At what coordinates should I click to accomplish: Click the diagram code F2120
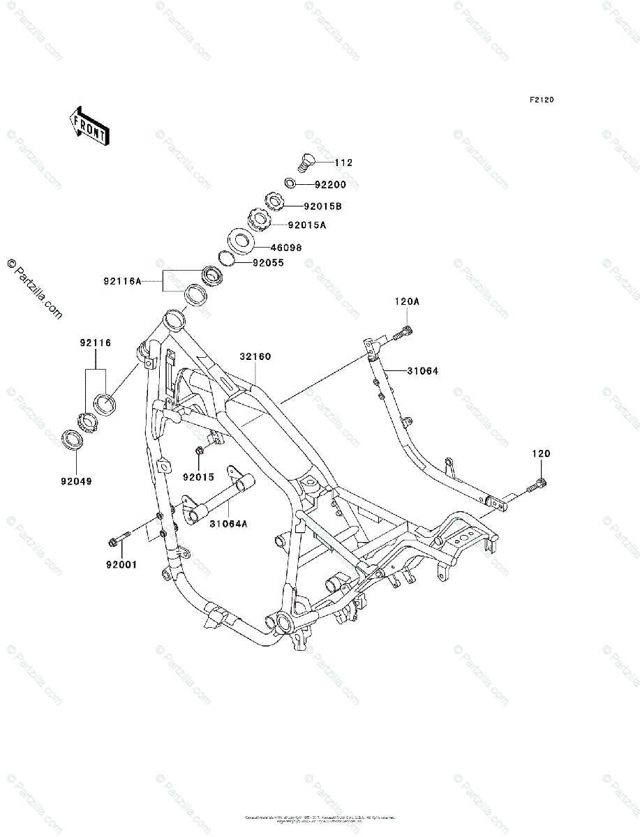pyautogui.click(x=541, y=100)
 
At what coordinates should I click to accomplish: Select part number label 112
pyautogui.click(x=343, y=163)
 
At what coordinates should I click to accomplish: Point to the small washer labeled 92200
pyautogui.click(x=290, y=184)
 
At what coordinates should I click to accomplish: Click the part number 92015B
pyautogui.click(x=322, y=206)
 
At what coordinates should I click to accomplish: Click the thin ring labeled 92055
pyautogui.click(x=225, y=258)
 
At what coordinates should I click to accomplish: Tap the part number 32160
pyautogui.click(x=255, y=356)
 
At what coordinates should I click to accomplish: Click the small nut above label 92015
pyautogui.click(x=200, y=451)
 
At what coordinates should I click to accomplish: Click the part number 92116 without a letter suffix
pyautogui.click(x=95, y=343)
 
